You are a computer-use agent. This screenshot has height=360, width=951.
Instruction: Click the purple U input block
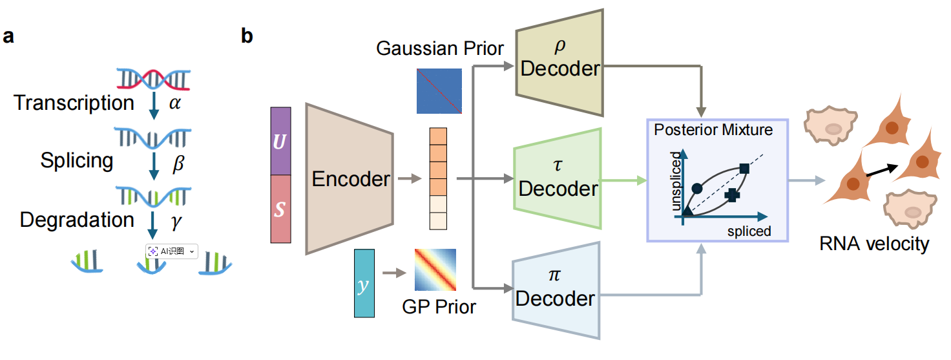(x=280, y=142)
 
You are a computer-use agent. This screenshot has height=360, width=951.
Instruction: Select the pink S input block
(x=280, y=209)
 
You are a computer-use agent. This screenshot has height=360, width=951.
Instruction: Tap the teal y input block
(x=364, y=283)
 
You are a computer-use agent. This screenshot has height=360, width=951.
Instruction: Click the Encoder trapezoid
(x=350, y=179)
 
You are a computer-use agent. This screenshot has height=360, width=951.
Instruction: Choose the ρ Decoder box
(x=559, y=63)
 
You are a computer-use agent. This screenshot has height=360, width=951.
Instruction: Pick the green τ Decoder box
(x=558, y=179)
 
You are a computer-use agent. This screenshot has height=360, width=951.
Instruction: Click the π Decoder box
(x=556, y=290)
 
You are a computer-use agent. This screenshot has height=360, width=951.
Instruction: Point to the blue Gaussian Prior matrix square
(x=439, y=91)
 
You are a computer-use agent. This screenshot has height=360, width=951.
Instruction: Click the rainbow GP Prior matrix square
(x=435, y=270)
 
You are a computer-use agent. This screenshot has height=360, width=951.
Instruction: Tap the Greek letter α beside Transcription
(x=175, y=103)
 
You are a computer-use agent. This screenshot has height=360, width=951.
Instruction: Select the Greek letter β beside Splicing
(x=178, y=163)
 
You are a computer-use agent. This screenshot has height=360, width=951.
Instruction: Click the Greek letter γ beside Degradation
(x=176, y=222)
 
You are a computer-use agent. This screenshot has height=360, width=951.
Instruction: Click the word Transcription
(x=74, y=103)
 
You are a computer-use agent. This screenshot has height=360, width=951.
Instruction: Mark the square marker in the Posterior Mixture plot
(x=744, y=169)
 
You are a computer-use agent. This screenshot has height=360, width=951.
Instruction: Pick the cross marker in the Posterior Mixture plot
(x=732, y=195)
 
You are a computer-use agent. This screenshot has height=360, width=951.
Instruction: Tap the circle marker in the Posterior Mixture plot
(x=696, y=188)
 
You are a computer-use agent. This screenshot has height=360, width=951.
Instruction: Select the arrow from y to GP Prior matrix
(x=394, y=273)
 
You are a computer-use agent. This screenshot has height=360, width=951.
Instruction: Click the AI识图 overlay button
(x=171, y=251)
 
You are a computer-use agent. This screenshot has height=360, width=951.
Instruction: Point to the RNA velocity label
(x=874, y=244)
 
